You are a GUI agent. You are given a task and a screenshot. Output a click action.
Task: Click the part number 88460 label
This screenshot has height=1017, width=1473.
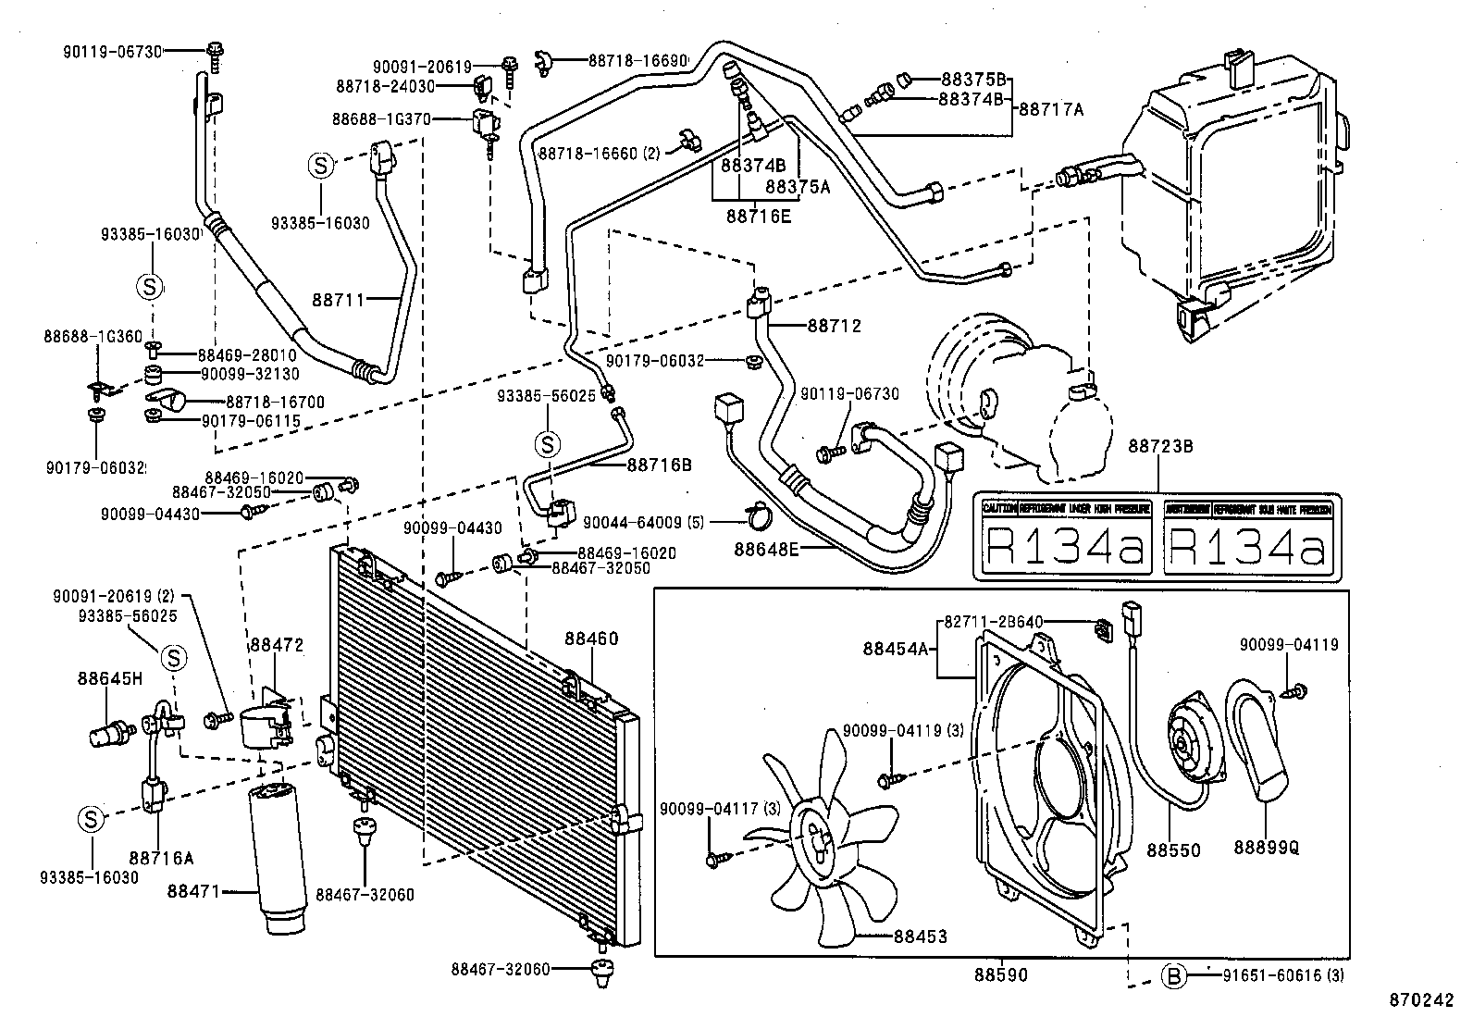tap(591, 639)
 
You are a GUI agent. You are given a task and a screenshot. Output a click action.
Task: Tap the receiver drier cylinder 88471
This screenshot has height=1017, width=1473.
tap(277, 851)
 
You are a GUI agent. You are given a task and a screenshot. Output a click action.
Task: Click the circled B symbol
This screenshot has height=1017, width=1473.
tap(1173, 974)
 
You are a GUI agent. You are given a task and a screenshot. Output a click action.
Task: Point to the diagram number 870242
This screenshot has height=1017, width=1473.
tap(1420, 999)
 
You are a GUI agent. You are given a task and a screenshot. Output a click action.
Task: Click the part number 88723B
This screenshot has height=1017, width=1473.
tap(1159, 446)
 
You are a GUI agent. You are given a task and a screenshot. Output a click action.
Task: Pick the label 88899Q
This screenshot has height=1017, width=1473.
tap(1265, 849)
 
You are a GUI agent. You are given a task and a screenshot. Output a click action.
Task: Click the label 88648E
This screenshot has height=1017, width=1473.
tap(766, 549)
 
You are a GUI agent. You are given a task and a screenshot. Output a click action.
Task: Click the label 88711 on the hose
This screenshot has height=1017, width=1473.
tap(339, 299)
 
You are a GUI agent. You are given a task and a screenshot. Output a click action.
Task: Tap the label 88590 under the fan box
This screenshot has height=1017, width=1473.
tap(1000, 974)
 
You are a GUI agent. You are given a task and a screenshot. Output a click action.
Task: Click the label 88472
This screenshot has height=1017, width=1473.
tap(275, 644)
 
